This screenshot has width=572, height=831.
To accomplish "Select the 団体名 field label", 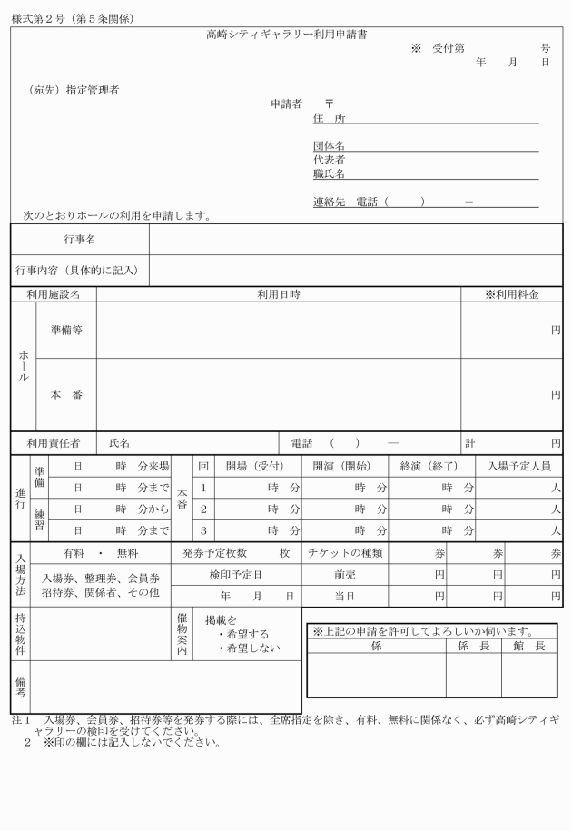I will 329,146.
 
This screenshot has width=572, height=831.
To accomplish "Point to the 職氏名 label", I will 329,173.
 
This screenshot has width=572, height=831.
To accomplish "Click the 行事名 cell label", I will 80,240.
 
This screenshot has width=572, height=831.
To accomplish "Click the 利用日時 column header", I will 279,295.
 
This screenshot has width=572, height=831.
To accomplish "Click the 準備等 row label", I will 65,331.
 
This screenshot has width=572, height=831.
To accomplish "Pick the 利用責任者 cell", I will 53,443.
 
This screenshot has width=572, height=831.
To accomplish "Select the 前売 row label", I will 344,575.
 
